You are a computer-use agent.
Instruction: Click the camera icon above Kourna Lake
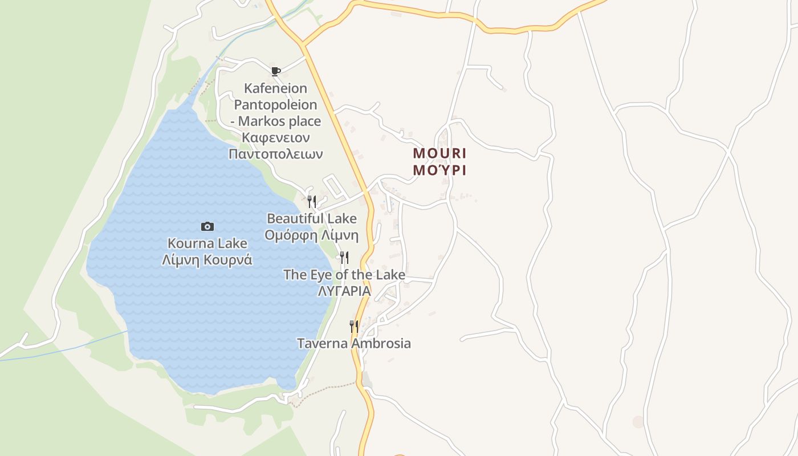click(x=207, y=227)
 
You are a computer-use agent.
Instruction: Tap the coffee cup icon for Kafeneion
click(x=276, y=71)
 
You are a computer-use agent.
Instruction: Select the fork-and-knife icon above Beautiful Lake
click(x=312, y=201)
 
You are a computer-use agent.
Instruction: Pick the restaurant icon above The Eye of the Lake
click(x=344, y=258)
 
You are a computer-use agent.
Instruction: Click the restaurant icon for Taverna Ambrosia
click(x=354, y=327)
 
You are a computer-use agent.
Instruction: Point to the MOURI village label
click(x=439, y=153)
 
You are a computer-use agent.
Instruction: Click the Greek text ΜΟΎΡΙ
click(x=439, y=170)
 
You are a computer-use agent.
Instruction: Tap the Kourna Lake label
click(x=207, y=243)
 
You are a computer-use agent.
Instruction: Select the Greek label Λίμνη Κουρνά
click(x=207, y=260)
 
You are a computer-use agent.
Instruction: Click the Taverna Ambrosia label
click(x=354, y=343)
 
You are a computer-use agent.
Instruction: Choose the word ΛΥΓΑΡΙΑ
click(x=344, y=291)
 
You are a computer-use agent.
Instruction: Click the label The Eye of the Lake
click(x=344, y=275)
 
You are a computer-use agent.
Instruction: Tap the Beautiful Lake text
click(x=312, y=218)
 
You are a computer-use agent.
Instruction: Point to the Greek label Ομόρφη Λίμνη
click(x=312, y=235)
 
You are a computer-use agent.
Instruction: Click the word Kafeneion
click(x=276, y=88)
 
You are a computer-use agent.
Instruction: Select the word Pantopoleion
click(x=276, y=105)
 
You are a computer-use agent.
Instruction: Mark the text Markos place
click(x=279, y=121)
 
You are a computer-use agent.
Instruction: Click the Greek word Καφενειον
click(x=276, y=137)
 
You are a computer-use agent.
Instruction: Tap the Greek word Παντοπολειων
click(x=276, y=154)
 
